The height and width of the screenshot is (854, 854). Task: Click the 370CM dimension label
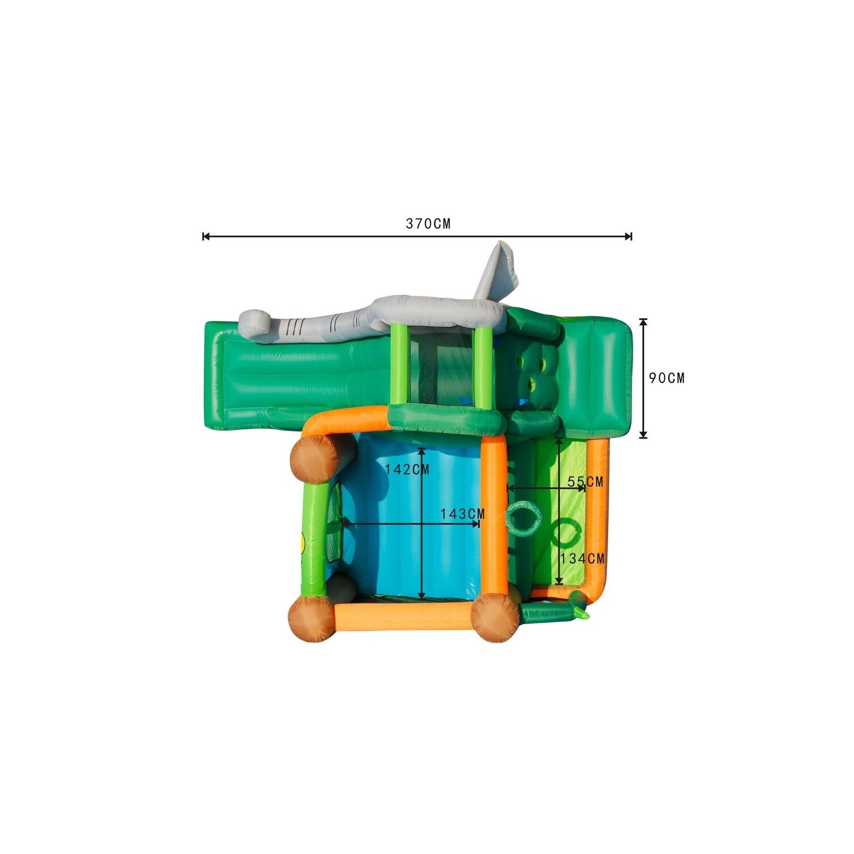[428, 224]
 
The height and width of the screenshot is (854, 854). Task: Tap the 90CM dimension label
[667, 378]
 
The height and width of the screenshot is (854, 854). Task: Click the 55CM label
[585, 482]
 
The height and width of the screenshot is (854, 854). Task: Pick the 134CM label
[582, 559]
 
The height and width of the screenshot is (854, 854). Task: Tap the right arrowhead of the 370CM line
[628, 236]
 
